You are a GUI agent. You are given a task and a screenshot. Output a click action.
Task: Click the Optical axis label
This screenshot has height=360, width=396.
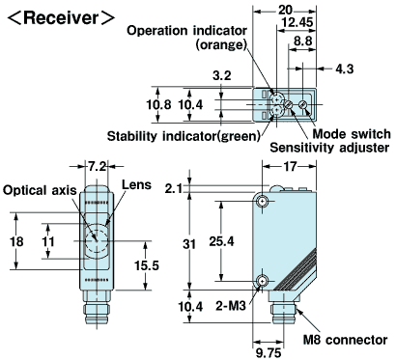click(39, 190)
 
